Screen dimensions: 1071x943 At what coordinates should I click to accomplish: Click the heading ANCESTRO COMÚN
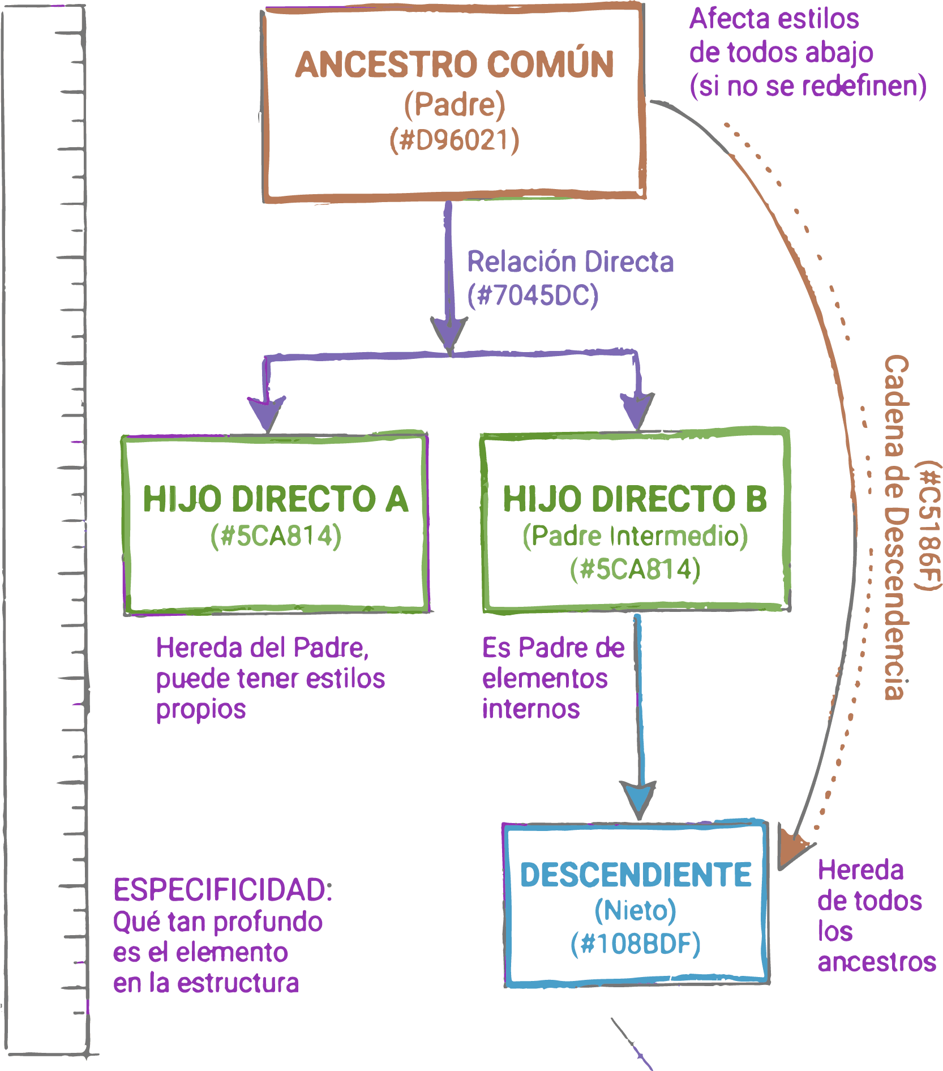454,65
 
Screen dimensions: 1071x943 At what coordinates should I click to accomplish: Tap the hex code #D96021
454,140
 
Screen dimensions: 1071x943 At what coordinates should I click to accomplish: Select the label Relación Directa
570,262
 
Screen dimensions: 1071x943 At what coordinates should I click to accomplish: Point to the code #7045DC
533,295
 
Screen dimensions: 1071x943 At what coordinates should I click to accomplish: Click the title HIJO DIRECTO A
276,499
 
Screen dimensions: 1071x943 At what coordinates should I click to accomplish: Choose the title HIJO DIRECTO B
635,499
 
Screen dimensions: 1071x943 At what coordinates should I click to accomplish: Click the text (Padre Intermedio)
635,536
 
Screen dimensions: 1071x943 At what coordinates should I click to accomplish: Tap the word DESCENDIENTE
636,875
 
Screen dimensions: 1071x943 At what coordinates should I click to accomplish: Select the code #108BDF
636,944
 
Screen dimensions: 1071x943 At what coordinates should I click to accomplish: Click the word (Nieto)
636,910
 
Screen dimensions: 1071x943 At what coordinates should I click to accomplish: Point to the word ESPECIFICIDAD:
222,890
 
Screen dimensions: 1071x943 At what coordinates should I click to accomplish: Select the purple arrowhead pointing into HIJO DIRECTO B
638,409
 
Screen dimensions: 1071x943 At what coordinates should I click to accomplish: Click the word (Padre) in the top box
454,104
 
